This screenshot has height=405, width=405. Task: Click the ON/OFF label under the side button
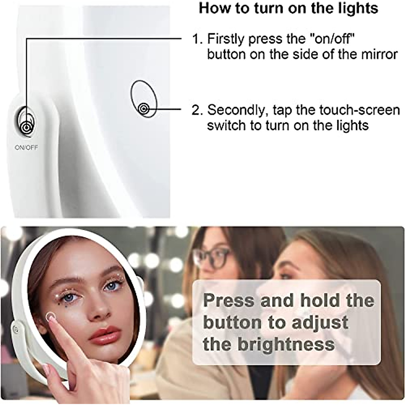[26, 147]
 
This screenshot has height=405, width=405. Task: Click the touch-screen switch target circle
[144, 109]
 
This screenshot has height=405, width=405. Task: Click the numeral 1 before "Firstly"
[195, 39]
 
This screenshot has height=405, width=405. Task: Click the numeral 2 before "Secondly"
[195, 110]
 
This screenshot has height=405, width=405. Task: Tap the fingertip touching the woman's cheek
[50, 316]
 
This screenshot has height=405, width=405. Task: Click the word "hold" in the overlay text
[320, 301]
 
